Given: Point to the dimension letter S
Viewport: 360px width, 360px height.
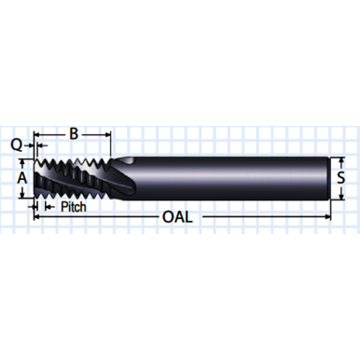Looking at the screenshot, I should point(342,175).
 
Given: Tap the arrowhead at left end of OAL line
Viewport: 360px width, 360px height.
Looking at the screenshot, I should point(38,216).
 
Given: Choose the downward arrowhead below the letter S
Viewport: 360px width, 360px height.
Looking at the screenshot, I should point(342,194).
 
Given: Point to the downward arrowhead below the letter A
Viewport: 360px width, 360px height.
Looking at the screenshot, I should point(21,192).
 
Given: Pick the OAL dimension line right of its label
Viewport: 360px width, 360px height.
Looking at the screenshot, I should point(261,216).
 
